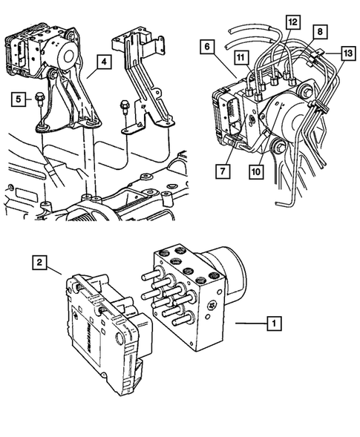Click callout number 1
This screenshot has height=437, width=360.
coord(274,323)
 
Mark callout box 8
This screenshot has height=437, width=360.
coord(318,32)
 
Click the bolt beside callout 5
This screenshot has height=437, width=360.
coord(40,99)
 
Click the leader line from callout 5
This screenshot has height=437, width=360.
coord(31,97)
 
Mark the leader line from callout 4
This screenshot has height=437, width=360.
coord(88,73)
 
